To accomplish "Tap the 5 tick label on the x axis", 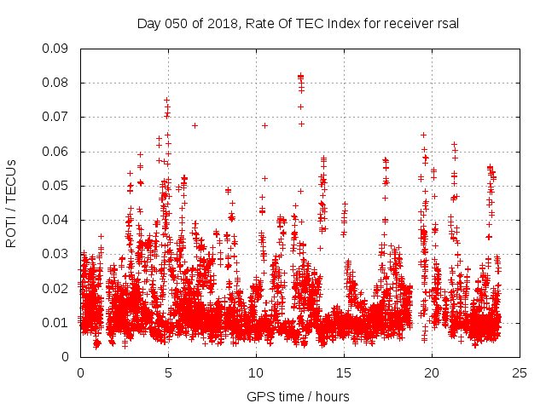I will coord(168,372).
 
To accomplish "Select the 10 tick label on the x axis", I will coord(256,372).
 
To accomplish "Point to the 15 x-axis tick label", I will coord(345,372).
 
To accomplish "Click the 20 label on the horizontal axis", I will coord(433,372).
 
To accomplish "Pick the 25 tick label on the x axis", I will coord(520,372).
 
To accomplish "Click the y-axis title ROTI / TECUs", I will coord(11,203).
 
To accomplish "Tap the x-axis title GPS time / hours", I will coord(298,396).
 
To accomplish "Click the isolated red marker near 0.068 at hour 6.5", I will coord(195,125).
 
